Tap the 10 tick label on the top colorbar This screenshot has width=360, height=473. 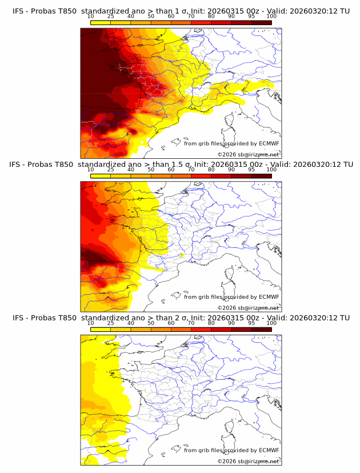click(x=91, y=16)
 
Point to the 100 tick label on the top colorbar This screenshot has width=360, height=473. click(x=271, y=16)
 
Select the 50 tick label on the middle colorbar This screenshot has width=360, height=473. click(x=151, y=170)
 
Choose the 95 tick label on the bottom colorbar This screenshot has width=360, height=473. click(x=251, y=323)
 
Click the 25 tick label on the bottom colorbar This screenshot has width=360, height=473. click(x=111, y=323)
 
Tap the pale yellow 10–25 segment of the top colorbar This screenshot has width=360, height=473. click(x=101, y=22)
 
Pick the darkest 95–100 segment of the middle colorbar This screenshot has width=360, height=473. click(x=261, y=176)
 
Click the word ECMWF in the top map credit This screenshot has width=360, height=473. click(x=269, y=144)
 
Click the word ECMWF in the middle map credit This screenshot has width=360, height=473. click(x=269, y=297)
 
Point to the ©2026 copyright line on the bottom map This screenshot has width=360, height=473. click(x=248, y=461)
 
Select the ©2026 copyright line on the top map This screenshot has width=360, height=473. click(x=248, y=154)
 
